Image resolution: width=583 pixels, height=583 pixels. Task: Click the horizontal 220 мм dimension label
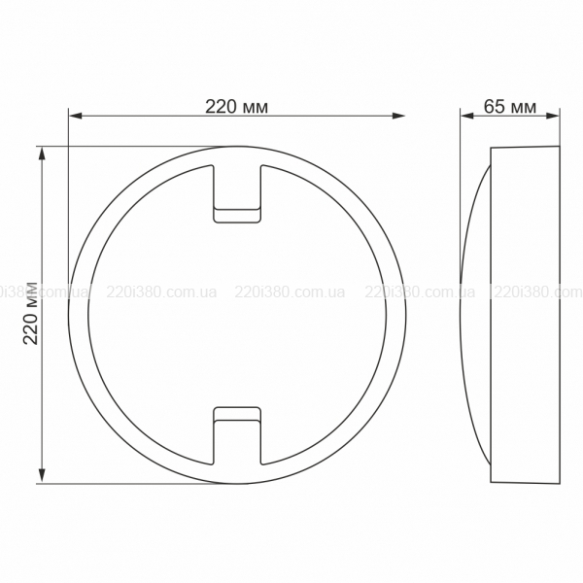236,107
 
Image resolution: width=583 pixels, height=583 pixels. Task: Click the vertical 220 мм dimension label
31,314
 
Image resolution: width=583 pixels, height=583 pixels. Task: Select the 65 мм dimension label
510,107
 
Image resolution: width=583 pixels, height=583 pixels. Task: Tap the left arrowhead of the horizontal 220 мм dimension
76,116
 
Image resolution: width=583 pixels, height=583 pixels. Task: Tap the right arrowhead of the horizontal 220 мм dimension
398,116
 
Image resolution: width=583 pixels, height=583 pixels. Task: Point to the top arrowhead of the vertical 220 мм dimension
42,154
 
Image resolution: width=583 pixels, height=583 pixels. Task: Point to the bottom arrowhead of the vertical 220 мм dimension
42,476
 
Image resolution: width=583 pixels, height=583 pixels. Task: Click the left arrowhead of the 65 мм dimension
467,116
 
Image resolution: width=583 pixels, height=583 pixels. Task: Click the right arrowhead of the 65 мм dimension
553,116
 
